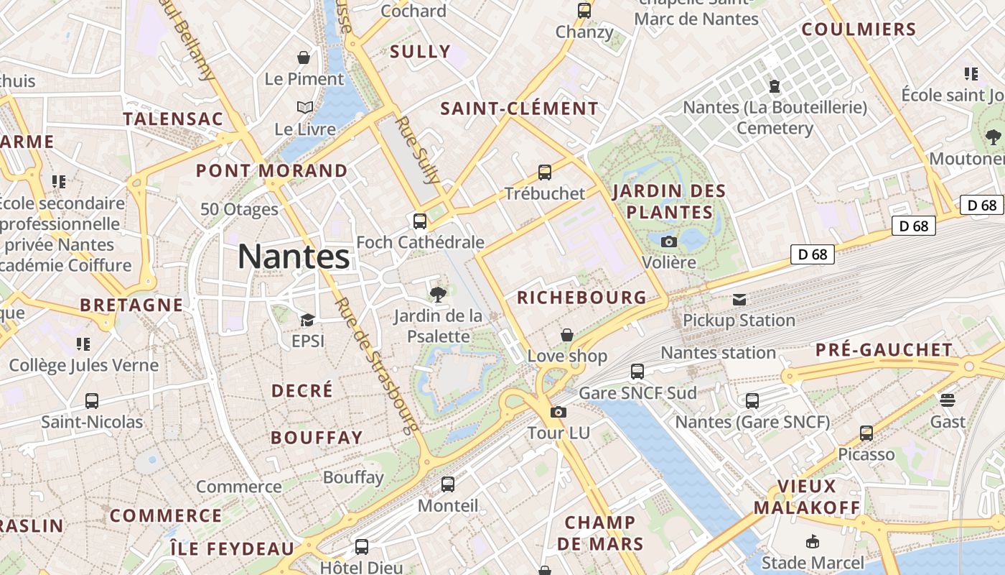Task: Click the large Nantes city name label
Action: pyautogui.click(x=294, y=257)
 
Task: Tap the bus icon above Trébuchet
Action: pyautogui.click(x=545, y=172)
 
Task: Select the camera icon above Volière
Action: pyautogui.click(x=669, y=241)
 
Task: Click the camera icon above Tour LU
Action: pyautogui.click(x=558, y=413)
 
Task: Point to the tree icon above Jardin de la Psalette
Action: pyautogui.click(x=438, y=294)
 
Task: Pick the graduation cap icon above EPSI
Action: pyautogui.click(x=307, y=320)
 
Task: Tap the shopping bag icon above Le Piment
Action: pyautogui.click(x=304, y=57)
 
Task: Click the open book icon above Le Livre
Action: pyautogui.click(x=305, y=108)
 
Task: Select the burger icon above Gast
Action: pyautogui.click(x=948, y=400)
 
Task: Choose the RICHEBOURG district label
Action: pyautogui.click(x=581, y=298)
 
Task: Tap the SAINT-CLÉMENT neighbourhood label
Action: pyautogui.click(x=519, y=109)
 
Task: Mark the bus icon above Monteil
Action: pyautogui.click(x=448, y=484)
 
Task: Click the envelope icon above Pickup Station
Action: pyautogui.click(x=739, y=300)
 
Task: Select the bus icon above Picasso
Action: pyautogui.click(x=866, y=433)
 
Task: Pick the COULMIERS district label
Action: pyautogui.click(x=859, y=29)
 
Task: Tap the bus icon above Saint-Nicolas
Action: pyautogui.click(x=92, y=401)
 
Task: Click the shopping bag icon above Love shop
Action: pyautogui.click(x=567, y=335)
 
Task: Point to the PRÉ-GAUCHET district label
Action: pyautogui.click(x=884, y=350)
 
